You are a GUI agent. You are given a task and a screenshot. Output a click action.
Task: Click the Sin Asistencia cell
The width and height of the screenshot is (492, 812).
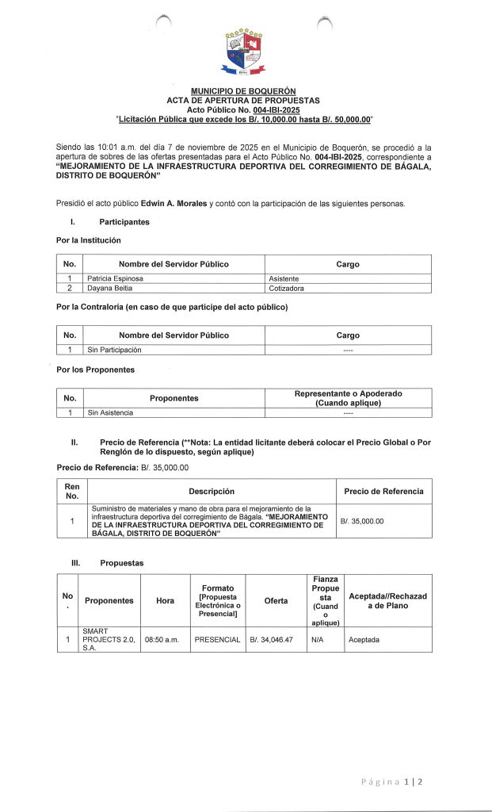pos(110,412)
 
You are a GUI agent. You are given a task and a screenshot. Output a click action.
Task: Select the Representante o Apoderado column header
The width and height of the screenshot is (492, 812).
pos(348,398)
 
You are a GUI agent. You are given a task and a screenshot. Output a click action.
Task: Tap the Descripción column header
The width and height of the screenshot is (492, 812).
pos(212,491)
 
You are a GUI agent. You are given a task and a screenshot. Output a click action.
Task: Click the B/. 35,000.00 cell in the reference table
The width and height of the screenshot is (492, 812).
pos(361,521)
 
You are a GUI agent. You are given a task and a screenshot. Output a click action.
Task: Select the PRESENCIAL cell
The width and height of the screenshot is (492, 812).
pos(218,639)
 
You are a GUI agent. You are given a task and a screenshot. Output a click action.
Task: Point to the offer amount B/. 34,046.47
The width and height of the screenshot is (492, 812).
pos(272,639)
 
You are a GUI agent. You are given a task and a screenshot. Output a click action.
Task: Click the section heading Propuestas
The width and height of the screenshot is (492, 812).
pos(122,562)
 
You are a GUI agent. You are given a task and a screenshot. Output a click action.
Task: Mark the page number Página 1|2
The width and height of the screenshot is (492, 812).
pos(391,782)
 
